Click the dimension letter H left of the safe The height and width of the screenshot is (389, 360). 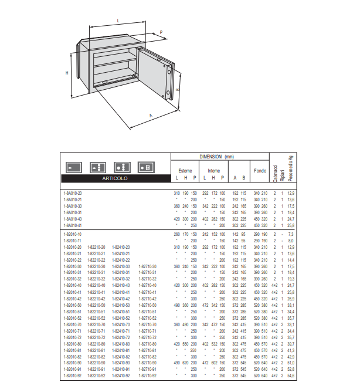(x=67, y=73)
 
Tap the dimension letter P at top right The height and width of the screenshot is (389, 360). (x=161, y=33)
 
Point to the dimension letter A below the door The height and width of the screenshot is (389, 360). (x=151, y=116)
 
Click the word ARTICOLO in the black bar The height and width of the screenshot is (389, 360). (x=114, y=178)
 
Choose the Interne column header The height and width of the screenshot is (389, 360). (x=213, y=170)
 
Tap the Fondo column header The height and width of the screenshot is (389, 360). (x=260, y=171)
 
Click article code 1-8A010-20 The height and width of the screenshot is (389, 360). (x=72, y=192)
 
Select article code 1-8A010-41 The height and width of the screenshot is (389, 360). (x=72, y=225)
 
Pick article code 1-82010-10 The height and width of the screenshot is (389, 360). (x=72, y=234)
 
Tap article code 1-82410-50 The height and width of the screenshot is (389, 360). (x=121, y=305)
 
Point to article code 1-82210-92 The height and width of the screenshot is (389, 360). (x=97, y=375)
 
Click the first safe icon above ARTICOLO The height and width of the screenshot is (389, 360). (x=72, y=167)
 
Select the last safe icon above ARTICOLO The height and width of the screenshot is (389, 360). (x=145, y=167)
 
